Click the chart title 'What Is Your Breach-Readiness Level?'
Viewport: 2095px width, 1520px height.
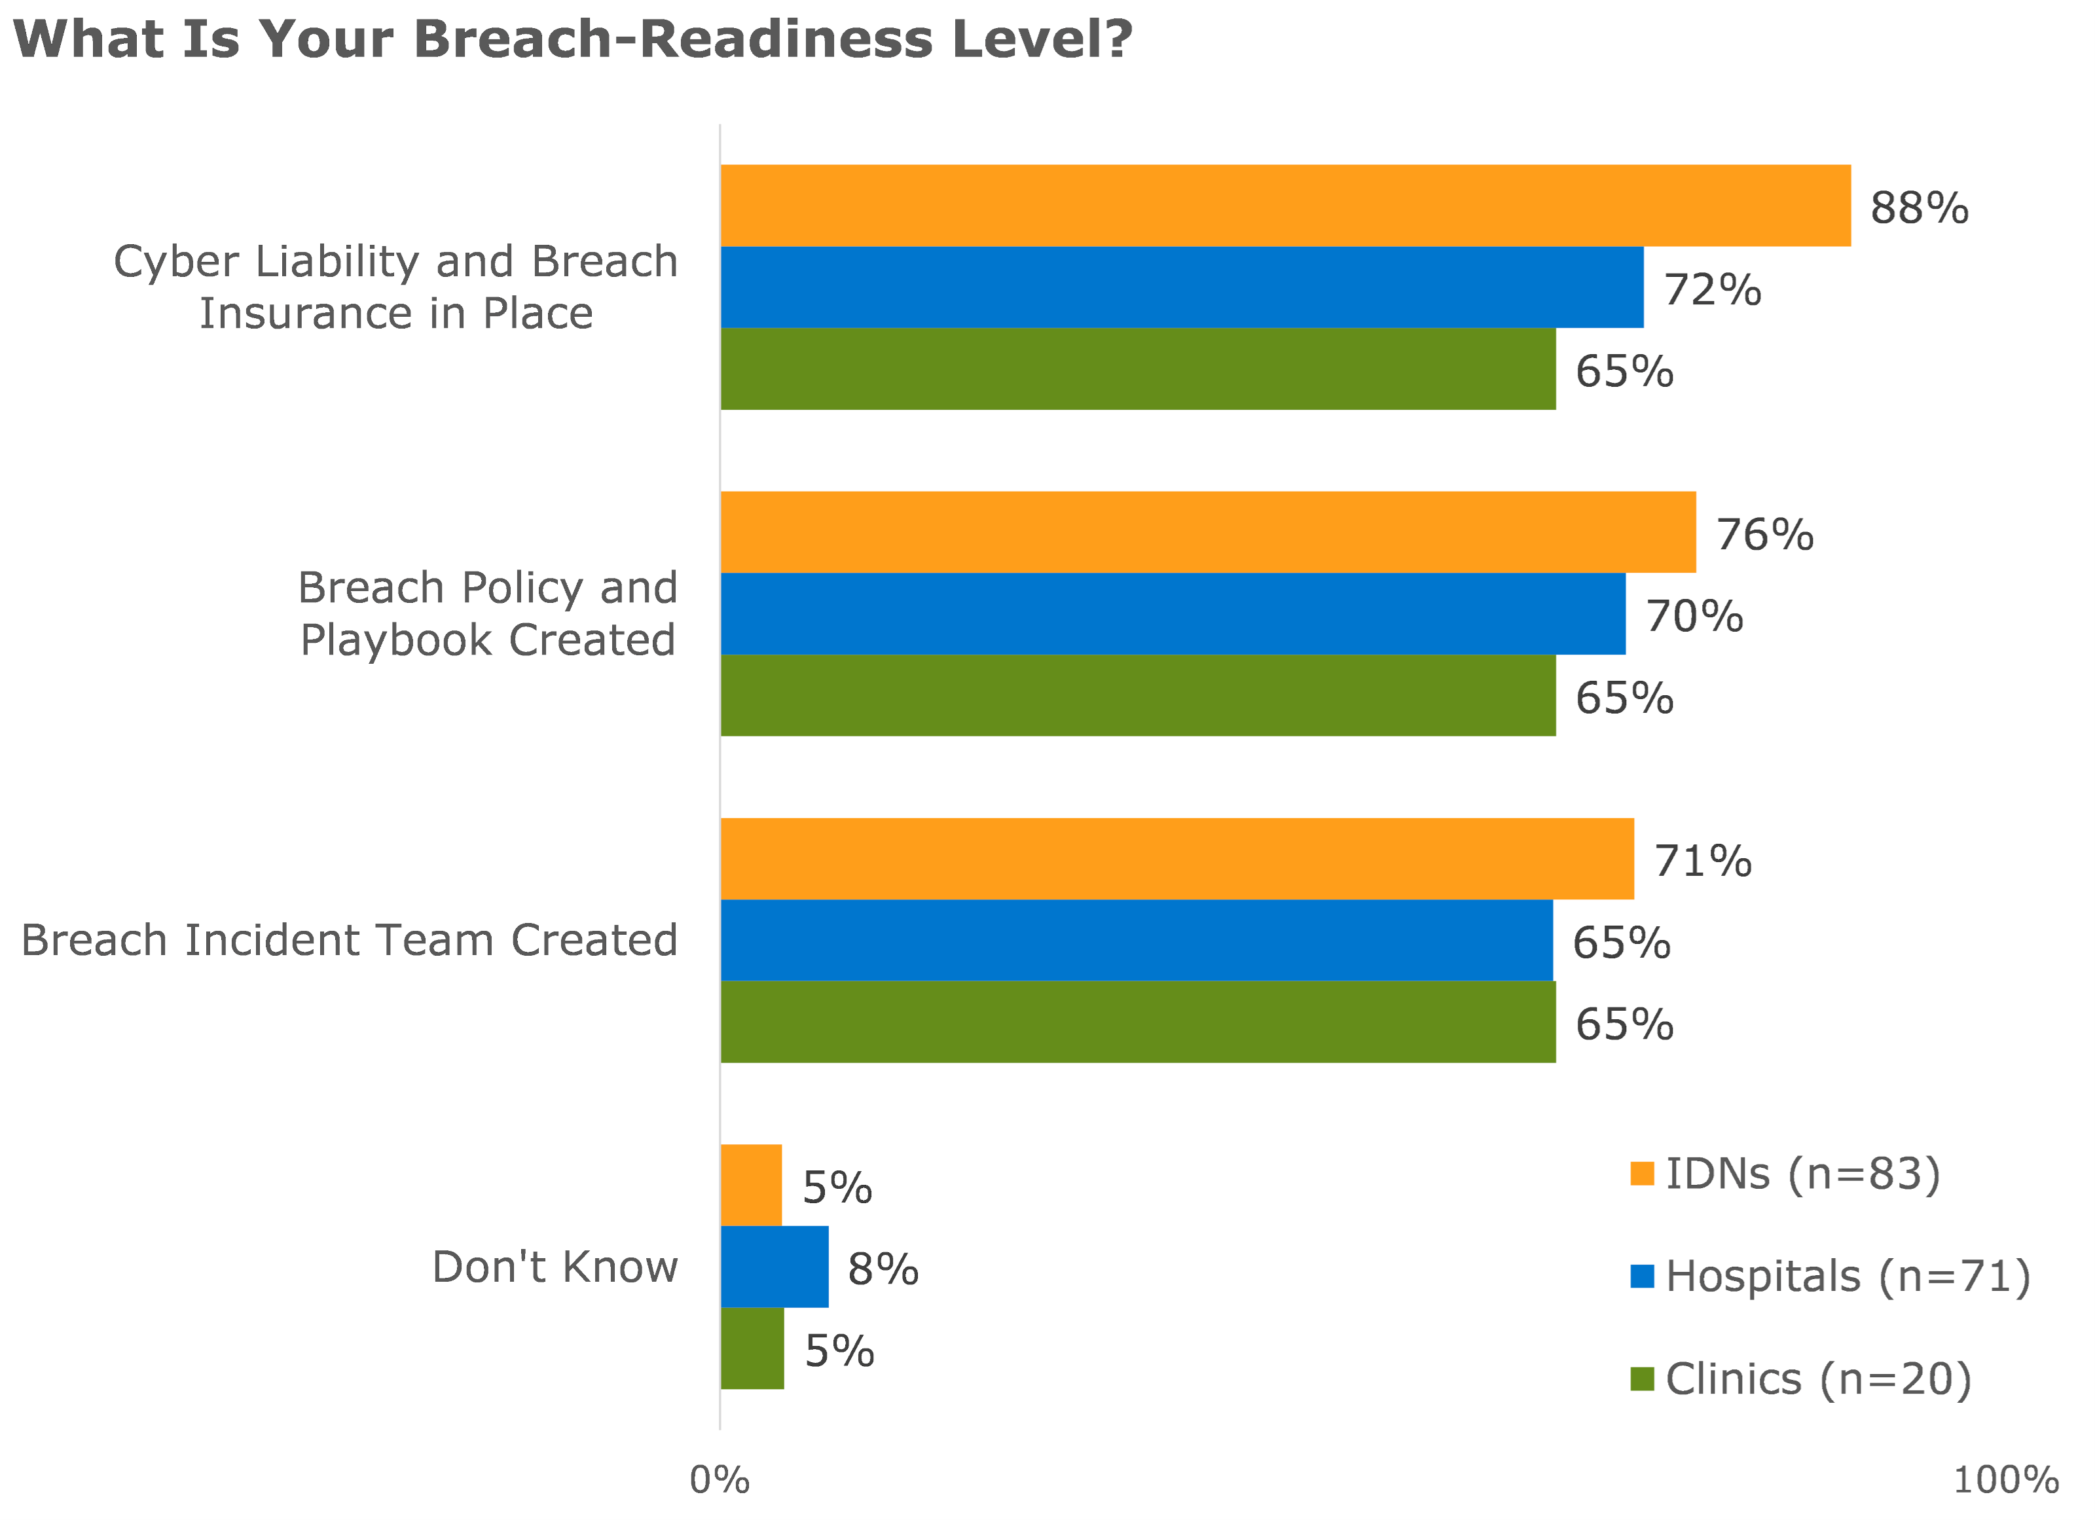573,39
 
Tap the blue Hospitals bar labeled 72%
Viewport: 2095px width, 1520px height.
1182,287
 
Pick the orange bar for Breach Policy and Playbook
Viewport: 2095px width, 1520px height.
1207,532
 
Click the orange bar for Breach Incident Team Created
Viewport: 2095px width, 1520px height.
1177,858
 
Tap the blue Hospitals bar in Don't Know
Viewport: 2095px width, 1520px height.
774,1266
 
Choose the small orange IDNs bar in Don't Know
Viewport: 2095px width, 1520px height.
751,1185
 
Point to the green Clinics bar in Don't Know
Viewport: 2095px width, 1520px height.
752,1347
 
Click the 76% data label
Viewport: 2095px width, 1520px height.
1764,535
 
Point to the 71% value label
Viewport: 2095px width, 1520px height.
1702,861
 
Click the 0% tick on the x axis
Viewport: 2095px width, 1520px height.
720,1480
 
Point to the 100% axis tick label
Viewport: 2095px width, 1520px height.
2005,1480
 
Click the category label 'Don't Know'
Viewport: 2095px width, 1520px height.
555,1267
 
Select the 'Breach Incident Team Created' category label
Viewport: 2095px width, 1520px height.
349,940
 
